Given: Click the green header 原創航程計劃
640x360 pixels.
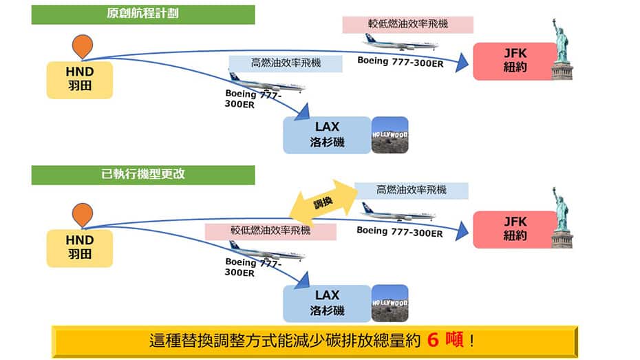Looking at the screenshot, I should (143, 14).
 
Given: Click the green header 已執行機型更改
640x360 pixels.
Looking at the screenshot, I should (143, 174).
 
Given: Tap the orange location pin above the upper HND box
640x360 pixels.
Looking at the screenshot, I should (82, 45).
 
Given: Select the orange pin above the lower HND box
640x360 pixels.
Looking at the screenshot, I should (82, 215).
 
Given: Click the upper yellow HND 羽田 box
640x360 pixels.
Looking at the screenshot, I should (79, 79).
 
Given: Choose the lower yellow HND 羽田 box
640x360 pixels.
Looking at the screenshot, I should (79, 248).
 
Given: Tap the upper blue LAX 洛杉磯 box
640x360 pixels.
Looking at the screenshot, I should (328, 136).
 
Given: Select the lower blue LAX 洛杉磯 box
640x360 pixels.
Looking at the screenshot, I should (328, 304).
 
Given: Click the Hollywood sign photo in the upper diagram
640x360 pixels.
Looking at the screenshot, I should (390, 134).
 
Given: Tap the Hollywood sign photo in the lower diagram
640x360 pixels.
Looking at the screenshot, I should (390, 303).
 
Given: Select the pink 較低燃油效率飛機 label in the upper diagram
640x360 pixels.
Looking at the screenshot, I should (407, 24).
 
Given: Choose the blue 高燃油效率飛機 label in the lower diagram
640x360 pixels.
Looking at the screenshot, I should (411, 191).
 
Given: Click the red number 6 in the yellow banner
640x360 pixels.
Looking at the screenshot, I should (434, 341).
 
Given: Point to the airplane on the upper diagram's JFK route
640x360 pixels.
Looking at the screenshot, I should (400, 43).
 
